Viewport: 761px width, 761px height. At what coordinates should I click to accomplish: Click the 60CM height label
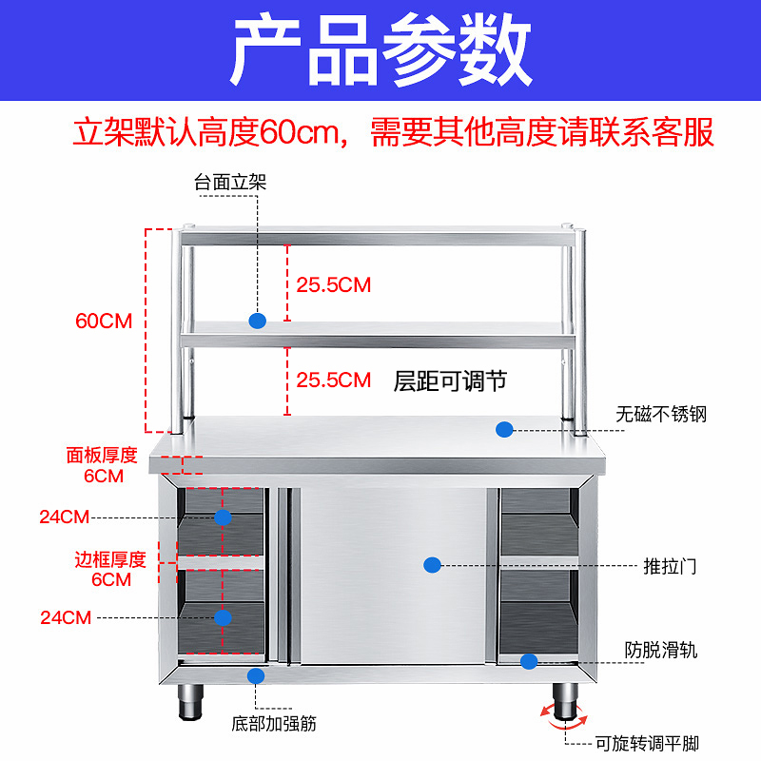tap(104, 321)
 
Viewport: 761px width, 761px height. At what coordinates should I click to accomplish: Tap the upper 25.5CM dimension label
tap(333, 283)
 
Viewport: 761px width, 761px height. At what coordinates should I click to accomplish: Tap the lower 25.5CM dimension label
tap(333, 380)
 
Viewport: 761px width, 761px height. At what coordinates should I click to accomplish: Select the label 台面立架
tap(230, 182)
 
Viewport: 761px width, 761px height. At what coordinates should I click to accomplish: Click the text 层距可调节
tap(450, 381)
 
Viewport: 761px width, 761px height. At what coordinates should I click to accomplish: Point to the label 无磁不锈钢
tap(661, 415)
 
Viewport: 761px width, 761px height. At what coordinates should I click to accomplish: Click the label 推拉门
tap(671, 566)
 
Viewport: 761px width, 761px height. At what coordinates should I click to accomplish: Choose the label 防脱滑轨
tap(661, 651)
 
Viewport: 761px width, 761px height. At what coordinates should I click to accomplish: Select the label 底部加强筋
tap(274, 723)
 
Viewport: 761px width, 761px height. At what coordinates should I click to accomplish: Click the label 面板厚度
tap(102, 455)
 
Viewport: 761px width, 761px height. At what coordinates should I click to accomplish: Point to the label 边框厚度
tap(110, 559)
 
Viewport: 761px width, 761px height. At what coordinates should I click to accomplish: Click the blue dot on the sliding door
tap(432, 565)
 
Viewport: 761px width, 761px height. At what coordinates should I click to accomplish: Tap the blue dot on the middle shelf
tap(257, 321)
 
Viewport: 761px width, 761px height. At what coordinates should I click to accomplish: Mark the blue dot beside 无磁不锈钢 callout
tap(504, 429)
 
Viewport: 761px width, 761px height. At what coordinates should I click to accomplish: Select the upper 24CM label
tap(65, 517)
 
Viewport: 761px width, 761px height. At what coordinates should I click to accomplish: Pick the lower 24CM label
tap(65, 617)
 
